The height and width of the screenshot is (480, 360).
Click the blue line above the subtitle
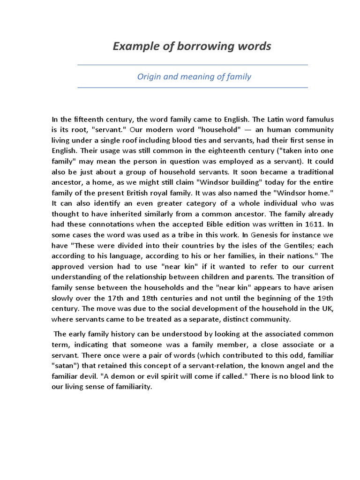(192, 65)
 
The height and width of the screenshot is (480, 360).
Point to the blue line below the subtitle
(192, 88)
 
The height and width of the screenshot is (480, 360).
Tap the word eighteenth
(203, 150)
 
